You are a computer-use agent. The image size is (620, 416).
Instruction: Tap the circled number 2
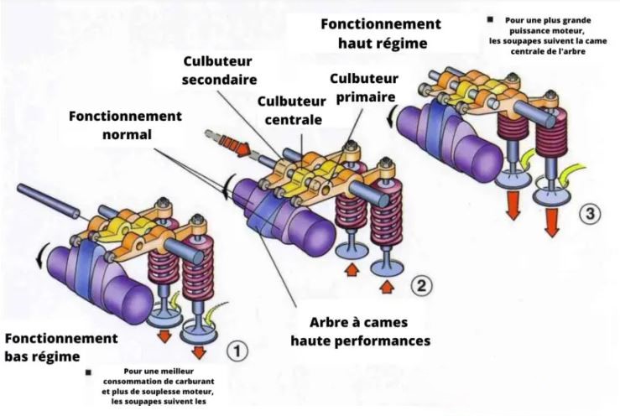(421, 286)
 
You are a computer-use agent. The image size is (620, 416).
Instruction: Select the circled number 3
(591, 213)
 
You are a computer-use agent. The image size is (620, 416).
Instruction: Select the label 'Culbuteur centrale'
(289, 110)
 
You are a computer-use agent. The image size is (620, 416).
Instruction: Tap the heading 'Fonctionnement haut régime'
(380, 33)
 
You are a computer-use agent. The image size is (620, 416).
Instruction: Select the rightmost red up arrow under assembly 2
(386, 289)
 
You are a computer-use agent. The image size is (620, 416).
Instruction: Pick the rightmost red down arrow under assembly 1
(200, 349)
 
